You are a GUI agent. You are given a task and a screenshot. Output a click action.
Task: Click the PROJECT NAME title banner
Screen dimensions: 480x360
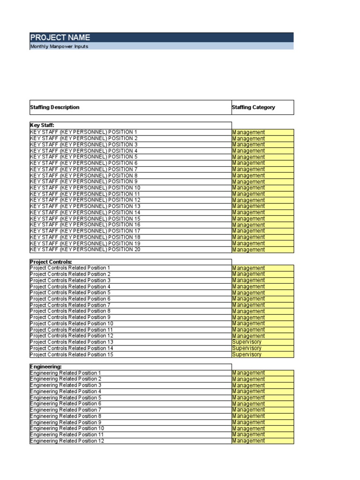(60, 37)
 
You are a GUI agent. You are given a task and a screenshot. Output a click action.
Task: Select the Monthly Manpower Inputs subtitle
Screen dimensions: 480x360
(59, 46)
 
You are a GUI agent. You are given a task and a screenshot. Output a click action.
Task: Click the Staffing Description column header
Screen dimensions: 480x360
(55, 107)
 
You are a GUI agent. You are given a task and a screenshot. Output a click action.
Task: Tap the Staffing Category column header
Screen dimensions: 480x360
(254, 107)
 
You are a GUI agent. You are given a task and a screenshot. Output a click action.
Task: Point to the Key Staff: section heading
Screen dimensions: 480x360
(42, 126)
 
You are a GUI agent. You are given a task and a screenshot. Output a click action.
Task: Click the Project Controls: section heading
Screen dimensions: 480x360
(51, 262)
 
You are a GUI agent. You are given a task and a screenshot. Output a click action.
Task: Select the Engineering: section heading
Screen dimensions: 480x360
(46, 367)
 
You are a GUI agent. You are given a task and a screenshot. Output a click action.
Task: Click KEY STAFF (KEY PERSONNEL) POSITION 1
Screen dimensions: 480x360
(84, 132)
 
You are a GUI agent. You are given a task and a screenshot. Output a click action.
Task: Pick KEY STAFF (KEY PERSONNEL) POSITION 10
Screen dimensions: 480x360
(85, 187)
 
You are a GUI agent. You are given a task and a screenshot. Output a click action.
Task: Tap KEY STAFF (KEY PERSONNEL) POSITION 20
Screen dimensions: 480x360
(85, 249)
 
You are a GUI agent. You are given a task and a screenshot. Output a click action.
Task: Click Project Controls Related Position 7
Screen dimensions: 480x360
(70, 305)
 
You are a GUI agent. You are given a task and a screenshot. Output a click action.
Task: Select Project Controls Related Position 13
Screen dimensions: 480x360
(72, 342)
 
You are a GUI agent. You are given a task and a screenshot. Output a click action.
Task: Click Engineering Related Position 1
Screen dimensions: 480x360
(66, 373)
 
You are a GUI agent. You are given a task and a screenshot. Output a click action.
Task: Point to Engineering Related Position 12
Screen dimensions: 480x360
(67, 441)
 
